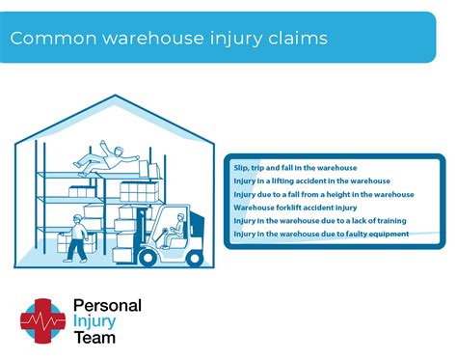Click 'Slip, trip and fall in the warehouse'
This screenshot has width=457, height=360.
coord(295,168)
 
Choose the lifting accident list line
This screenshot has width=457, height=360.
coord(311,181)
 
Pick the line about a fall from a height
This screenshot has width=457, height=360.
coord(323,194)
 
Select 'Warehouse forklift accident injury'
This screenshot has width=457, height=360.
coord(294,208)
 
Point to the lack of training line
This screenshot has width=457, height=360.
coord(320,221)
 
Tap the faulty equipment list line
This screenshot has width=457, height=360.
coord(320,234)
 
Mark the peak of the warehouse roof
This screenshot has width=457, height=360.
coord(115,96)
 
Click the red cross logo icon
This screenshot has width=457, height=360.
coord(41,320)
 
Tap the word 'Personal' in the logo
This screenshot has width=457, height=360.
coord(107,306)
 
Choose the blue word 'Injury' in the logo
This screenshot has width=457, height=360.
coord(94,321)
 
